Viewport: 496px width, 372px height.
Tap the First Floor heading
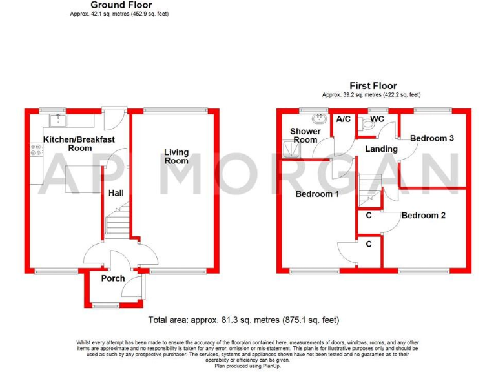pyautogui.click(x=373, y=86)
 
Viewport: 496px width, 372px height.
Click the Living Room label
pyautogui.click(x=176, y=156)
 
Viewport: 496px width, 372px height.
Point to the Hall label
pyautogui.click(x=116, y=192)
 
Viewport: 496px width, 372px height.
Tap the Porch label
pyautogui.click(x=113, y=278)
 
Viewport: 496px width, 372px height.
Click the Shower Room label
pyautogui.click(x=305, y=136)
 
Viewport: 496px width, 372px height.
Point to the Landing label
pyautogui.click(x=381, y=149)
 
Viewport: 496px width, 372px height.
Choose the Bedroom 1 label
pyautogui.click(x=318, y=194)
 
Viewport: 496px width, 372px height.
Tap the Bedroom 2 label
pyautogui.click(x=423, y=216)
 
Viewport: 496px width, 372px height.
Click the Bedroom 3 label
pyautogui.click(x=432, y=138)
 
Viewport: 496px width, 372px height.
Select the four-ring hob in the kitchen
pyautogui.click(x=36, y=151)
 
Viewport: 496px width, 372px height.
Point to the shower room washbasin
pyautogui.click(x=318, y=118)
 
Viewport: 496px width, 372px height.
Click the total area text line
pyautogui.click(x=243, y=320)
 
